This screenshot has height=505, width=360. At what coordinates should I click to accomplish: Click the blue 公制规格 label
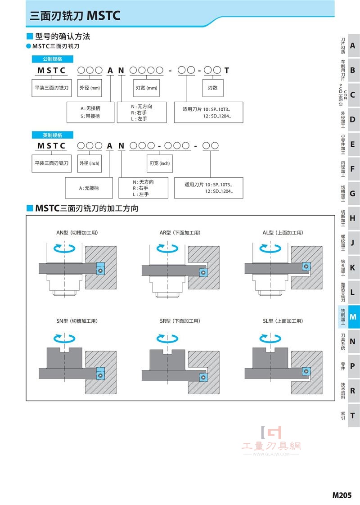pos(53,59)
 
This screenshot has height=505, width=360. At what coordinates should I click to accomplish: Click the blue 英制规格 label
pos(53,135)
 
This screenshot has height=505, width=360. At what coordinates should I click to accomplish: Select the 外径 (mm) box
pos(90,88)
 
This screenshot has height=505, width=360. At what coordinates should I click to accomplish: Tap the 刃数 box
pos(212,88)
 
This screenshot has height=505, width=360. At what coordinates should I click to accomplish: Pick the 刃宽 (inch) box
pos(159,163)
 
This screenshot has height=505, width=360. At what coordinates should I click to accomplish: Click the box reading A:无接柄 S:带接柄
pos(90,112)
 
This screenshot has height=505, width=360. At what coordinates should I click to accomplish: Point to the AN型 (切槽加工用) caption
pos(77,233)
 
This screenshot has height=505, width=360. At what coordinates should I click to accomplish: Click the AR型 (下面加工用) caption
pos(180,233)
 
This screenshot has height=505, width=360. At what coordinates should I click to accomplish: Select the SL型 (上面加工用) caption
pos(283,321)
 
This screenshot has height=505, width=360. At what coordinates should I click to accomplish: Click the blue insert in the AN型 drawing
pos(101,269)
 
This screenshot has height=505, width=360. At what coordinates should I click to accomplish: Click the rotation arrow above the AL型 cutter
pos(270,248)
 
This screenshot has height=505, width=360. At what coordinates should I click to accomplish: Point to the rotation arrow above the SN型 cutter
pos(64,338)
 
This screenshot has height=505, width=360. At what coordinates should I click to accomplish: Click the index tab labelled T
pos(353,415)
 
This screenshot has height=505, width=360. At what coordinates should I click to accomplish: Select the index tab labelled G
pos(353,194)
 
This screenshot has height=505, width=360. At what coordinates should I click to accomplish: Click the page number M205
pos(342,495)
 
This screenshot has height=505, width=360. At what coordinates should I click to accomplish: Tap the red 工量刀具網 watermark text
pos(271,446)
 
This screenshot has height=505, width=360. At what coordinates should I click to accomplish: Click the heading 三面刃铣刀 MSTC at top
pos(75,16)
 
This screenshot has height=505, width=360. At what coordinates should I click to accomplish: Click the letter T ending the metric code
pos(227,70)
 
